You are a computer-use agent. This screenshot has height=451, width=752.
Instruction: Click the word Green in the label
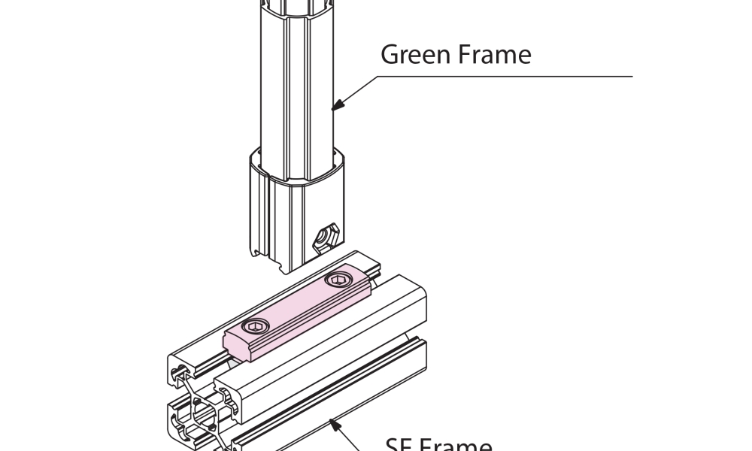(x=415, y=54)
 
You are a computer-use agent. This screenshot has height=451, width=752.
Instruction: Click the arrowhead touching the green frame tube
(x=337, y=107)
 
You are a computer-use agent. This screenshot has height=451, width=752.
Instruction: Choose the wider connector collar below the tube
(x=293, y=210)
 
